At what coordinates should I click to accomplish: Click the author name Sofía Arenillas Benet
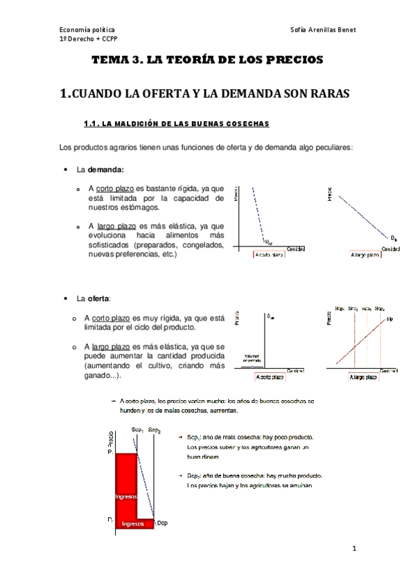pyautogui.click(x=324, y=30)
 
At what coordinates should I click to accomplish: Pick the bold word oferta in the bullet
pyautogui.click(x=96, y=299)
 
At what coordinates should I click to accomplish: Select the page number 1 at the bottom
pyautogui.click(x=353, y=550)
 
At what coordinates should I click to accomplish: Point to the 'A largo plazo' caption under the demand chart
pyautogui.click(x=363, y=255)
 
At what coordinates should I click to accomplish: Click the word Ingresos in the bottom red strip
pyautogui.click(x=132, y=524)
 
